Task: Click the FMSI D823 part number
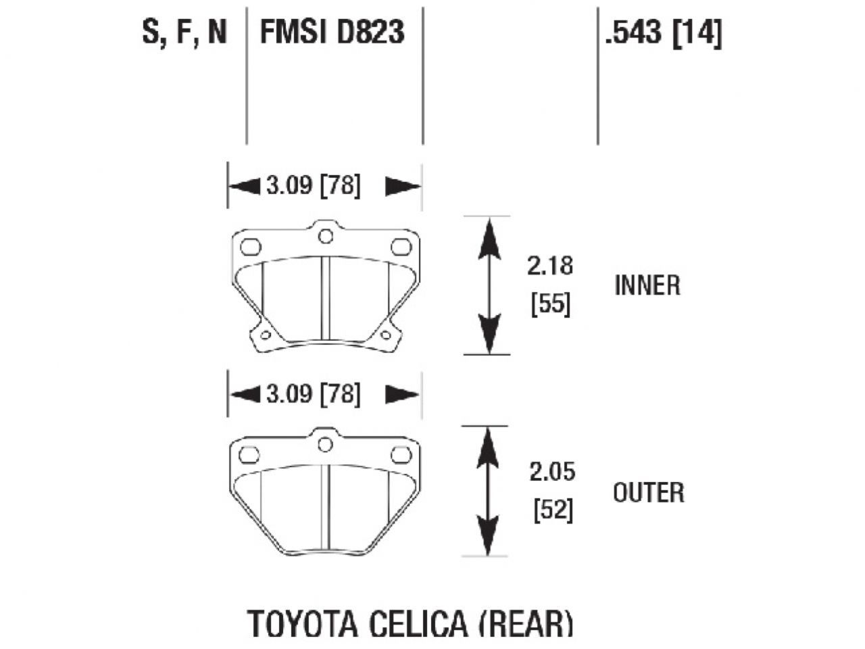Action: tap(332, 32)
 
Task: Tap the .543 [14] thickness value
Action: tap(663, 32)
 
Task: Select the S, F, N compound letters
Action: tap(184, 32)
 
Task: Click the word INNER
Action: tap(647, 285)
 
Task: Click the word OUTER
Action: tap(648, 492)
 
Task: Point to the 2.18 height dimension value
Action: tap(550, 266)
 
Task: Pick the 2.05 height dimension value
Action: tap(551, 472)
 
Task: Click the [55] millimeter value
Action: tap(551, 306)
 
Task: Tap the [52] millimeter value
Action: tap(552, 511)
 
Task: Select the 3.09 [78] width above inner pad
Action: tap(313, 186)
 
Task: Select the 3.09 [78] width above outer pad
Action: tap(313, 393)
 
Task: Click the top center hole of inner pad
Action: tap(325, 236)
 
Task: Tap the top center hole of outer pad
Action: tap(325, 443)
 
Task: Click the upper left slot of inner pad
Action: tap(250, 247)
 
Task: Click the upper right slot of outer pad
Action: tap(401, 455)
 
